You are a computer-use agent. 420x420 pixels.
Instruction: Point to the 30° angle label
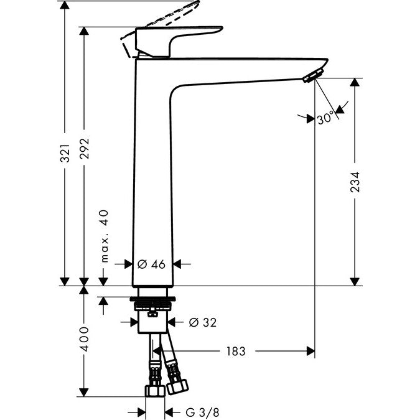(x=325, y=118)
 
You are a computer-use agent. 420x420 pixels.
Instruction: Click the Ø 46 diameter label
(x=151, y=264)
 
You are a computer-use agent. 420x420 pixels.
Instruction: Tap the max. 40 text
(x=105, y=236)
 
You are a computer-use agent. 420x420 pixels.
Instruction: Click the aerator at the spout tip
(x=310, y=76)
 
